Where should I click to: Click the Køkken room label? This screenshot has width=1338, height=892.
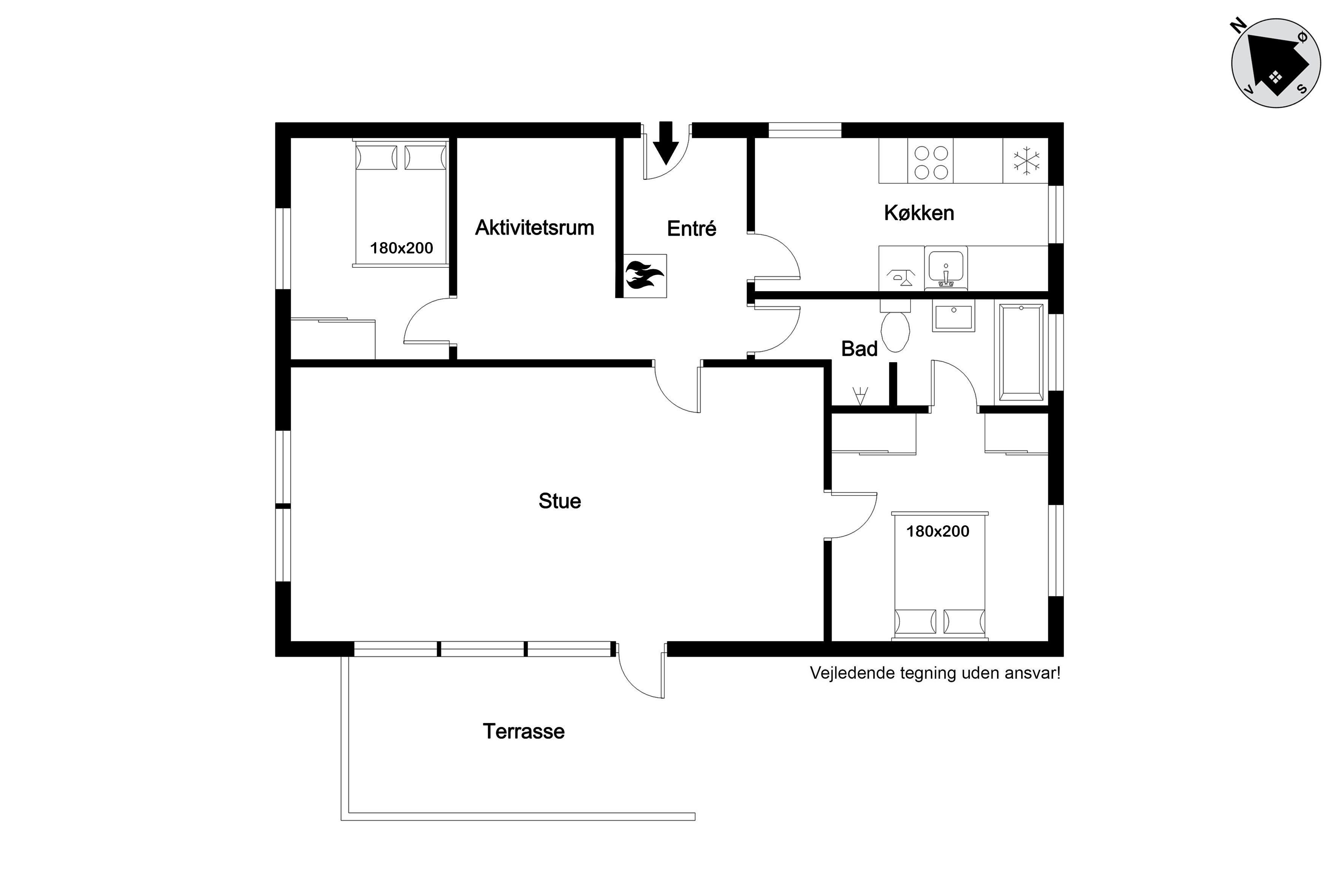(x=919, y=213)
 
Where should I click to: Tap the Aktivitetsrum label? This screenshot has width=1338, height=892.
(x=535, y=228)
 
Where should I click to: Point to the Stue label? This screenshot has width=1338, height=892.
(x=560, y=501)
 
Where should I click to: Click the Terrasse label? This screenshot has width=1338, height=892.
(x=524, y=731)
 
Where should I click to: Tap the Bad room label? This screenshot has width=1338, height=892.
(x=859, y=349)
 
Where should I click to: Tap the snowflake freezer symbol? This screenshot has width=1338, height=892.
(x=1026, y=160)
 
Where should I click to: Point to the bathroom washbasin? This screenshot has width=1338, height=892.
(x=954, y=316)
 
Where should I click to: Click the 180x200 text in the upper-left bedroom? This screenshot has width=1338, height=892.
(x=402, y=248)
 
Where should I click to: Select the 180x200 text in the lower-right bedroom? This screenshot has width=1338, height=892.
(x=938, y=531)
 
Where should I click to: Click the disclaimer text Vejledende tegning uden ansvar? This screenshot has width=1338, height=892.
(x=935, y=673)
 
